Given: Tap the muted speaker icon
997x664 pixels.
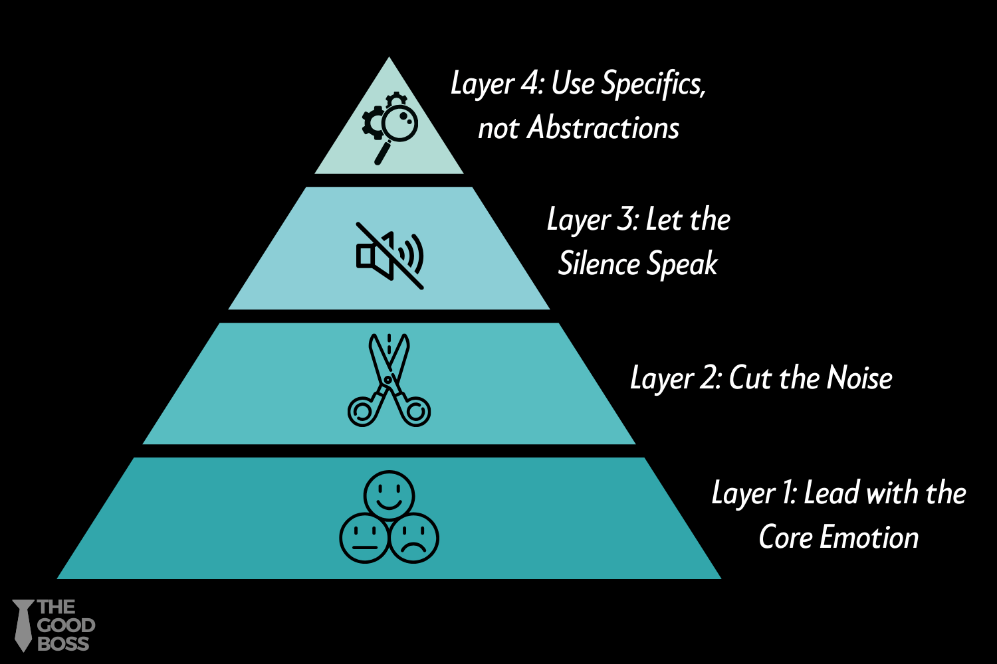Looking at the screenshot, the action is (x=390, y=256).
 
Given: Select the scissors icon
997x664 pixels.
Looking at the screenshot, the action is (x=389, y=380).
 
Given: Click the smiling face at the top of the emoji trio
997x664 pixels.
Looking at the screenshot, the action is (x=389, y=495).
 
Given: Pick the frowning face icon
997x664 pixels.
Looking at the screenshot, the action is (x=414, y=538).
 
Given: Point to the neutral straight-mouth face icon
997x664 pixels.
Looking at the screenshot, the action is (x=364, y=538).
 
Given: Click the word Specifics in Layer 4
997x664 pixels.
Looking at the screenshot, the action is (x=653, y=84).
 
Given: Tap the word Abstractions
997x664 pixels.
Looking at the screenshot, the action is (x=603, y=127).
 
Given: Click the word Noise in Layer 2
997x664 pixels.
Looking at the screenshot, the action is (x=859, y=378).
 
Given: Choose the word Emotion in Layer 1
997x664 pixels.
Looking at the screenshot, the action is (x=869, y=537).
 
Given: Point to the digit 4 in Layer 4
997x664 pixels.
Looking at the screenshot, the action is (x=531, y=83).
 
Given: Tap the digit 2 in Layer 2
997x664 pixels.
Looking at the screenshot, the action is (x=709, y=378).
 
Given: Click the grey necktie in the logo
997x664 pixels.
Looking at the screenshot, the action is (x=23, y=625).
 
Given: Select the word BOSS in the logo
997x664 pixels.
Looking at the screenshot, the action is (x=63, y=644).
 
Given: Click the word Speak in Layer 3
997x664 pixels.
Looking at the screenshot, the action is (x=683, y=264).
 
